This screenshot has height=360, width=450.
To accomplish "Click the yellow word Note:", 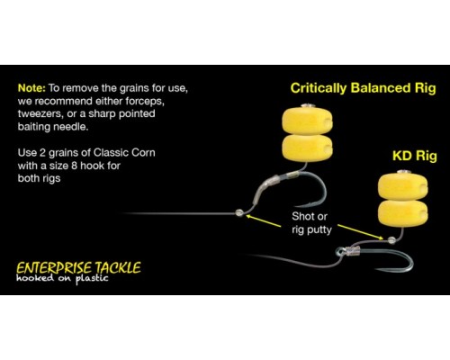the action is coord(31,88).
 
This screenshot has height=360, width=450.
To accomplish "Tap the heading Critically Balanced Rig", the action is coord(363,88).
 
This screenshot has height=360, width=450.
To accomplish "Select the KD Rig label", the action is coord(415,156).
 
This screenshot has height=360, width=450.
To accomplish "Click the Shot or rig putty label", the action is coord(311,223).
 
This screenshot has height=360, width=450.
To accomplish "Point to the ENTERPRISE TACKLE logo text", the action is coord(78,268).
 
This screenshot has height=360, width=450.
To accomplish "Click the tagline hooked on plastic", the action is coord(62,278).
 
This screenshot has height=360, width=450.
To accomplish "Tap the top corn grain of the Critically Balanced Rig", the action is coord(307,121).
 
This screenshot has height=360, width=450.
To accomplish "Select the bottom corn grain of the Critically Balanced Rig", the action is coord(307,148).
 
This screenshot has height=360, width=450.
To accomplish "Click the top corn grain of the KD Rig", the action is coord(403,187).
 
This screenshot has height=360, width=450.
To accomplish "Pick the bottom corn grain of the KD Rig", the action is coord(403,213).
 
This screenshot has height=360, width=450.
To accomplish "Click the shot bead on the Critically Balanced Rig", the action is coord(239,212).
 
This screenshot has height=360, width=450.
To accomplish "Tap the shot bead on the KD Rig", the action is coord(391,240).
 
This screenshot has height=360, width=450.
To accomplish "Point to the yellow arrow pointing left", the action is coord(264,220).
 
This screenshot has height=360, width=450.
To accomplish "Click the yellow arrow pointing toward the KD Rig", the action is coord(361,232).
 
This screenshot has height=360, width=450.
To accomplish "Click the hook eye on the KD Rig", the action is coord(340,250).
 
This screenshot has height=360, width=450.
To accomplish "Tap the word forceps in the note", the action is coord(145,102).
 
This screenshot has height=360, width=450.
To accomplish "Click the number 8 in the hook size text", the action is coord(74,166).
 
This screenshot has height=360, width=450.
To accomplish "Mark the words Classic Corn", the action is coord(124,153).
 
